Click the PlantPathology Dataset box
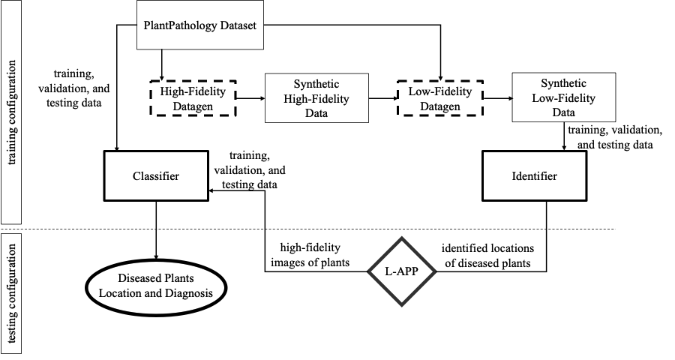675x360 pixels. click(x=200, y=25)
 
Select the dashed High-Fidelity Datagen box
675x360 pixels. click(x=193, y=98)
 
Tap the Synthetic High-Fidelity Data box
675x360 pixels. click(x=316, y=98)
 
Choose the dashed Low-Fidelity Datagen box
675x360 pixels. click(x=440, y=98)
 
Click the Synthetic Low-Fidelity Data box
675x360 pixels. click(x=563, y=97)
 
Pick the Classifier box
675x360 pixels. click(x=156, y=175)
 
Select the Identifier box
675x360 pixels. click(x=534, y=175)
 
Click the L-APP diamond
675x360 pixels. click(x=402, y=271)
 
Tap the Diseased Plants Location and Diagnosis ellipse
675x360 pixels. click(x=156, y=286)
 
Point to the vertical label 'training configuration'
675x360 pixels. click(x=11, y=112)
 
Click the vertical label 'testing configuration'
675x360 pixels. click(x=11, y=294)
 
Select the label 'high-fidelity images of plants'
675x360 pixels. click(x=310, y=255)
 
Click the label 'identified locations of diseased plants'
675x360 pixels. click(x=487, y=255)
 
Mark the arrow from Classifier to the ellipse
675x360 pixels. click(x=156, y=230)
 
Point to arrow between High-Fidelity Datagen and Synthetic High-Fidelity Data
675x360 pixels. click(x=250, y=98)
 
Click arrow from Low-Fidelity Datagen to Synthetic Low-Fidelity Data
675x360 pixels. click(x=498, y=98)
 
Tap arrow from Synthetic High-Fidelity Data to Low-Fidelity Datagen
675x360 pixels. click(x=383, y=98)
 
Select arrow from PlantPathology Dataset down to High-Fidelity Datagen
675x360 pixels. click(x=161, y=64)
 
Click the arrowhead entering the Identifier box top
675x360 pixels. click(x=564, y=148)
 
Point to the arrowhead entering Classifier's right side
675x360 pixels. click(x=211, y=190)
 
